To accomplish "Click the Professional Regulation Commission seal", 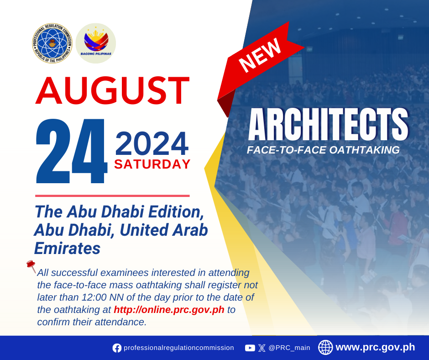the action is [52, 43].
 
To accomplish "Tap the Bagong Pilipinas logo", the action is [96, 43].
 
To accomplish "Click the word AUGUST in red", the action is [112, 90].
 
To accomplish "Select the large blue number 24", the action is [71, 151].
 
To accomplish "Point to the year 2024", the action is [152, 144].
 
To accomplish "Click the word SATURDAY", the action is [152, 164].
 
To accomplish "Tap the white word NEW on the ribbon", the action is [260, 55].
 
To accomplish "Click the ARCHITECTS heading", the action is [328, 124].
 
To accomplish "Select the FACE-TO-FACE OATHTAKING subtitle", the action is [323, 150].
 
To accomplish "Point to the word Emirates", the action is [67, 248].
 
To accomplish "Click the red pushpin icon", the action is [31, 266].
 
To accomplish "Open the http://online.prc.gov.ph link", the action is [169, 310].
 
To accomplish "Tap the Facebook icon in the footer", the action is [117, 348].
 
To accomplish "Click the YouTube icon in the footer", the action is [250, 348].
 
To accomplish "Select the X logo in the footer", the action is [262, 348].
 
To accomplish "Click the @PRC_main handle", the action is [289, 348].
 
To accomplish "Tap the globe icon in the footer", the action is [325, 347].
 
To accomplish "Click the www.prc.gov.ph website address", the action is [375, 347].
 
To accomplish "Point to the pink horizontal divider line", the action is [112, 196].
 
